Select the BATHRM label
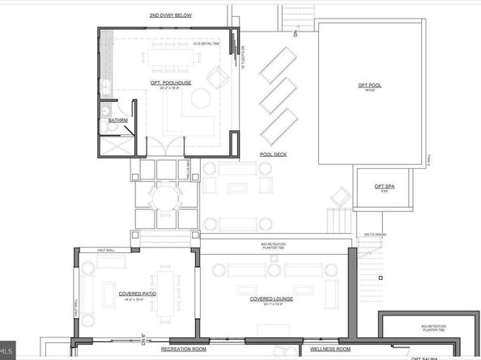coord(118,121)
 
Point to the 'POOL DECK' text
coord(275,154)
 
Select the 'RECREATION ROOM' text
coord(184,349)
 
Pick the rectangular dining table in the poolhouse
coord(170,57)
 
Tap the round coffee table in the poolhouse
coord(194,103)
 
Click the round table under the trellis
coord(165,199)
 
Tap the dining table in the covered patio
coord(158,283)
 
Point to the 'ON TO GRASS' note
coord(376,234)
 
